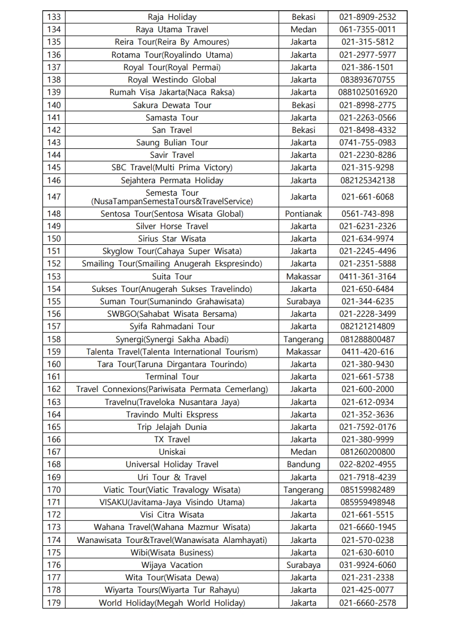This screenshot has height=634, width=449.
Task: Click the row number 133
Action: tap(54, 17)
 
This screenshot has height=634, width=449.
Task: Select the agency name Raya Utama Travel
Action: tap(172, 29)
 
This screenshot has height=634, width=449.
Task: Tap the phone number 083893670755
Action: tap(367, 80)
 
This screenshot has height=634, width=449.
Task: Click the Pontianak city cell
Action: tap(303, 214)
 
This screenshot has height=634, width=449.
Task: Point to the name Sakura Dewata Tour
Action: tap(172, 105)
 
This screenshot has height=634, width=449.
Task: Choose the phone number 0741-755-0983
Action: tap(367, 143)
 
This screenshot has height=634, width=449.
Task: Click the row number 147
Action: tap(54, 197)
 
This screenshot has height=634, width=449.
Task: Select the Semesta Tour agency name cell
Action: tap(172, 197)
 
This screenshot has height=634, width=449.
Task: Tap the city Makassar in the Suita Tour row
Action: tap(303, 277)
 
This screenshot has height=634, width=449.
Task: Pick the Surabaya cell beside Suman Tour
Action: tap(303, 301)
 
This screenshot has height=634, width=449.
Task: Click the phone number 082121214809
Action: tap(367, 326)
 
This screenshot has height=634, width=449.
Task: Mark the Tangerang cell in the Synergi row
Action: tap(303, 339)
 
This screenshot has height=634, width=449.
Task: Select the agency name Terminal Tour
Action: tap(172, 377)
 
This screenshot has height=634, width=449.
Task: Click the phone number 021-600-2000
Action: tap(367, 389)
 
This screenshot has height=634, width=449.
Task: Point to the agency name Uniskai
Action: tap(172, 452)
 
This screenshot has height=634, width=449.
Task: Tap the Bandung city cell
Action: tap(303, 464)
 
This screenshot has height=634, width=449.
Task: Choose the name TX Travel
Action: tap(172, 439)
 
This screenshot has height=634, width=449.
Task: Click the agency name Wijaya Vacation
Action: tap(172, 565)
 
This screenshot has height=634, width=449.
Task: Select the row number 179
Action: tap(54, 603)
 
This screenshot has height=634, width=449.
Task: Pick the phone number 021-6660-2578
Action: tap(367, 603)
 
